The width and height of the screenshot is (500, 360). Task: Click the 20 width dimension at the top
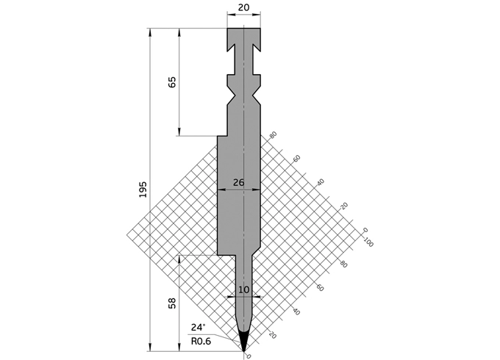click(x=243, y=8)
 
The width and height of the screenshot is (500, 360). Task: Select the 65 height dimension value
click(x=172, y=82)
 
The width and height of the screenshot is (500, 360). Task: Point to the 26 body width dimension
click(x=239, y=182)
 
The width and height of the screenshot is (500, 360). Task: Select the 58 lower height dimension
click(x=172, y=303)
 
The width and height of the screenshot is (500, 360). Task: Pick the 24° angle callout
click(x=198, y=328)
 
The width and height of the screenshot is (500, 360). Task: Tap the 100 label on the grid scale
click(x=368, y=242)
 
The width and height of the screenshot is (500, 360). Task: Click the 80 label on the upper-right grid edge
click(x=273, y=135)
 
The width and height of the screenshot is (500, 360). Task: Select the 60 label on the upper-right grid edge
click(x=296, y=159)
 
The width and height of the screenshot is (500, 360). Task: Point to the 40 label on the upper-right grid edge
click(x=320, y=182)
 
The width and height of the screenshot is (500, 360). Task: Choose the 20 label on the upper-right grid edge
click(x=343, y=206)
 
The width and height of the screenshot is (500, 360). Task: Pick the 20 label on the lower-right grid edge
click(x=274, y=335)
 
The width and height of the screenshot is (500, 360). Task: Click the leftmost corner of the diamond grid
click(x=127, y=234)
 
